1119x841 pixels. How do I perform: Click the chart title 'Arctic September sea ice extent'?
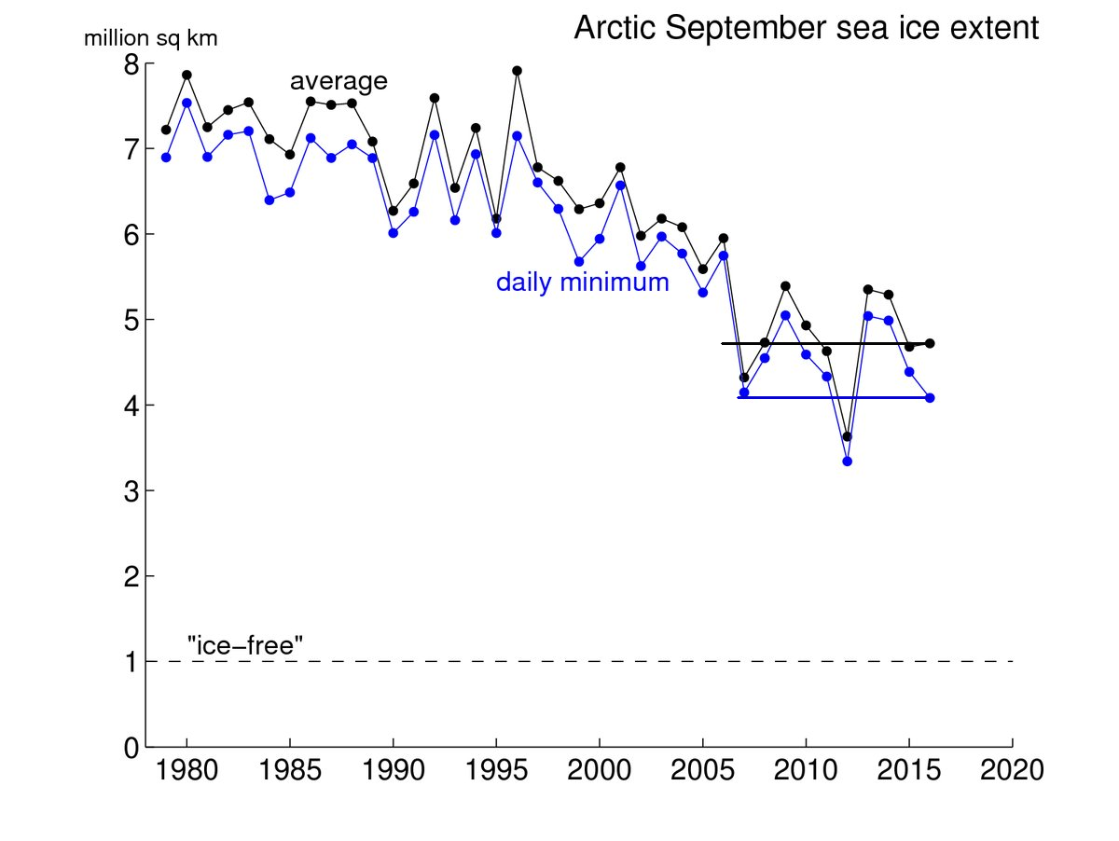click(806, 29)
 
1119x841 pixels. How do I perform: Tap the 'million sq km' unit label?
click(150, 39)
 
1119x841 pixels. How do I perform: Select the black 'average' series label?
click(338, 82)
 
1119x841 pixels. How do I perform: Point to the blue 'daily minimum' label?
click(582, 283)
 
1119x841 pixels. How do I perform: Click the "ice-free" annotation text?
click(246, 643)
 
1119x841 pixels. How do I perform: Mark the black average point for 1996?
click(517, 71)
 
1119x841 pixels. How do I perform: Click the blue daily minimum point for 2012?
click(847, 461)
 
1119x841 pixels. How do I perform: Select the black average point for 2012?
click(847, 436)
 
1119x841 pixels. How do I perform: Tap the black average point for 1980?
click(186, 75)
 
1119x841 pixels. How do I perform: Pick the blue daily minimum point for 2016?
click(930, 397)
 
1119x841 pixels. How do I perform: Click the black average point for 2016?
click(930, 343)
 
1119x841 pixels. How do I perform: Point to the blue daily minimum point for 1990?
click(393, 233)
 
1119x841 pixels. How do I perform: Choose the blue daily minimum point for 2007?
click(744, 393)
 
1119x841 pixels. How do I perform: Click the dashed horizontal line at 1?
click(597, 661)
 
